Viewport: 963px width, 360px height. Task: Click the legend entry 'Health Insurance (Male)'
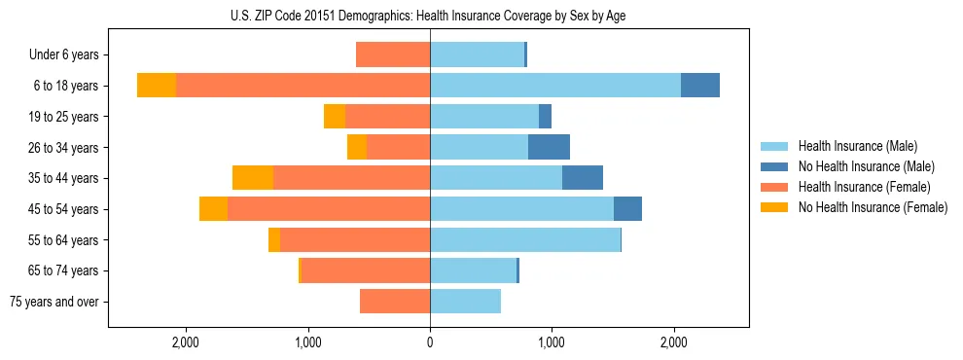[x=857, y=146]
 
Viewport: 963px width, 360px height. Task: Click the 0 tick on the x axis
[x=430, y=342]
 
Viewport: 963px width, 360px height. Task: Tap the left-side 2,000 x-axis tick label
[x=185, y=342]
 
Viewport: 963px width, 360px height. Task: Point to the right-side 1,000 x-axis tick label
[x=552, y=342]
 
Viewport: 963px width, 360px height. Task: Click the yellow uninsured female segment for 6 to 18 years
[x=157, y=86]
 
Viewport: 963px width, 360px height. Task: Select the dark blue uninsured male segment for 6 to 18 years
[x=700, y=86]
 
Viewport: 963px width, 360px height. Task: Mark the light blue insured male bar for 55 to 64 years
[x=525, y=240]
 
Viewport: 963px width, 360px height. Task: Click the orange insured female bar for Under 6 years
[x=393, y=55]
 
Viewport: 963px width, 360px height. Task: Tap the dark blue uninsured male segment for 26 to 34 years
[x=549, y=148]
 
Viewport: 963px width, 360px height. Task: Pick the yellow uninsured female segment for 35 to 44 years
[x=253, y=178]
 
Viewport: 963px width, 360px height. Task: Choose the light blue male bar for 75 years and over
[x=465, y=302]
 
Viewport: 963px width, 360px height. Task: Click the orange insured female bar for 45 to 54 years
[x=329, y=209]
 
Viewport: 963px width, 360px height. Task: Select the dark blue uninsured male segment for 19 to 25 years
[x=545, y=117]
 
